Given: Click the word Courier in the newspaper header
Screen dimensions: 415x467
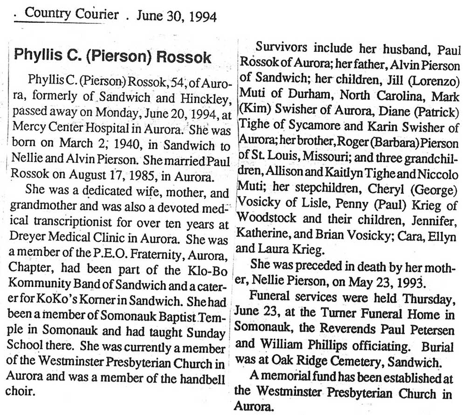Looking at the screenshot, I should pos(96,14).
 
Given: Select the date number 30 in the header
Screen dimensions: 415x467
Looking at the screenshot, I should pos(167,16).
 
